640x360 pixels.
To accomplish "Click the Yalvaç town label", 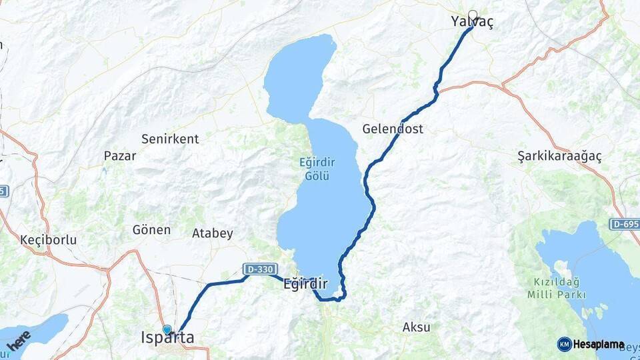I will tap(473, 23).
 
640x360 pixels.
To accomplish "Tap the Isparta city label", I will tap(168, 339).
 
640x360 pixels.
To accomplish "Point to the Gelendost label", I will tap(393, 129).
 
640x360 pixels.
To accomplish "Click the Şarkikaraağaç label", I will tap(559, 156).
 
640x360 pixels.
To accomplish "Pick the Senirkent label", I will tap(170, 139).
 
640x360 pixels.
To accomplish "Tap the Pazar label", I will tap(120, 156).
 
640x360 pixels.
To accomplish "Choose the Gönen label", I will tap(151, 230).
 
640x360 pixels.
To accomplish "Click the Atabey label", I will tap(213, 233).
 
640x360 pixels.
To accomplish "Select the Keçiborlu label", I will tap(49, 239).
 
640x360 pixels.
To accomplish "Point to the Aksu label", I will tap(416, 327).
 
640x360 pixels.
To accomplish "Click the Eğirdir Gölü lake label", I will tap(317, 169).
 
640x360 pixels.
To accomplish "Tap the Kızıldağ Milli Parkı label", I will tap(557, 288).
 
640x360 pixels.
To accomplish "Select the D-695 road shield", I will tap(624, 224).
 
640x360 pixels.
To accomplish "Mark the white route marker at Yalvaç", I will tap(473, 15).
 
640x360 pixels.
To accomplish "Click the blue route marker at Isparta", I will tap(167, 329).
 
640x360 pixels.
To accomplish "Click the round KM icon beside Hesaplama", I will tap(564, 344).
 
